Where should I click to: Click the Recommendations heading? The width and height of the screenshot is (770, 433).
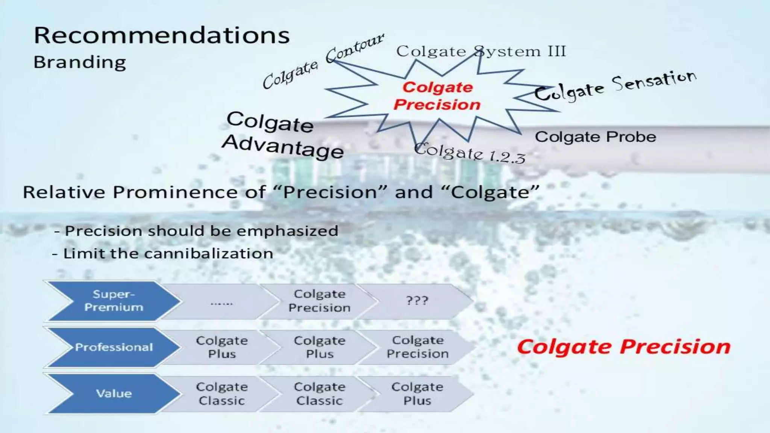click(x=162, y=36)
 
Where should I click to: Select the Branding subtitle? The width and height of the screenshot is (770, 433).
click(x=80, y=62)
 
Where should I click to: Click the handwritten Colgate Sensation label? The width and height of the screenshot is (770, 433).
click(x=615, y=86)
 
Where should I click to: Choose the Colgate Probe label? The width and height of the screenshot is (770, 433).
click(x=595, y=137)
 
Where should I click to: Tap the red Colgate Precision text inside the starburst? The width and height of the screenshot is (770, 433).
click(x=437, y=96)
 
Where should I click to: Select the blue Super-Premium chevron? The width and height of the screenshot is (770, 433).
click(x=113, y=301)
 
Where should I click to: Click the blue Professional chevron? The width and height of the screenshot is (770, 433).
click(x=113, y=347)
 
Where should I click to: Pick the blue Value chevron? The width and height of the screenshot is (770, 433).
click(x=113, y=394)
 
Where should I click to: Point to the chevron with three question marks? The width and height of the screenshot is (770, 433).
click(x=417, y=301)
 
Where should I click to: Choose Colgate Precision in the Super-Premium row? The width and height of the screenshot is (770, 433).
click(x=319, y=301)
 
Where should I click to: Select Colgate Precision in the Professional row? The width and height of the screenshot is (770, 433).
click(x=417, y=347)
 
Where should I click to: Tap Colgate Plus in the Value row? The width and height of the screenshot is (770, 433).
click(x=417, y=394)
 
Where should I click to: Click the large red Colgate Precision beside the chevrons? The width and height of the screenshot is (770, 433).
click(x=623, y=347)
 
